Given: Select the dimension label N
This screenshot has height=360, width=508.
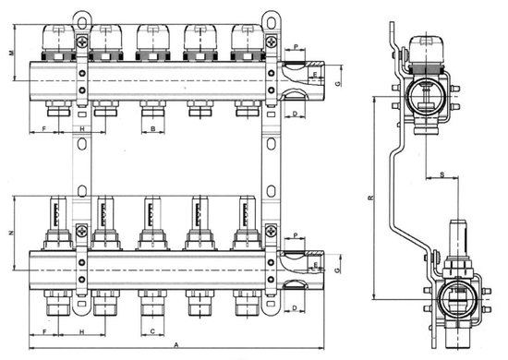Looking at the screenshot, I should pos(11,234).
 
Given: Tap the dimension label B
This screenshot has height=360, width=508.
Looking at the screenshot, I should pos(152,129).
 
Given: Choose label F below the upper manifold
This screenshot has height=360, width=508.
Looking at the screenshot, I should pos(45,129).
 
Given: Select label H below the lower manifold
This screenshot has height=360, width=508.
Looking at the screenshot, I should pos(81,330).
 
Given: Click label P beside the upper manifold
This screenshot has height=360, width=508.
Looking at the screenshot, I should pos(295,46).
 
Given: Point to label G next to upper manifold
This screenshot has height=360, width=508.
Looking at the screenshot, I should pos(338,83).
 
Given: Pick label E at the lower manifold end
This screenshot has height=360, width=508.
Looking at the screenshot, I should pos(315,267).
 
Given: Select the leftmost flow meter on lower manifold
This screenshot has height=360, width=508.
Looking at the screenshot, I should pos(56,222).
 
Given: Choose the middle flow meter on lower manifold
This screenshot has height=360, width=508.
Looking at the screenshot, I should pos(152,222).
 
